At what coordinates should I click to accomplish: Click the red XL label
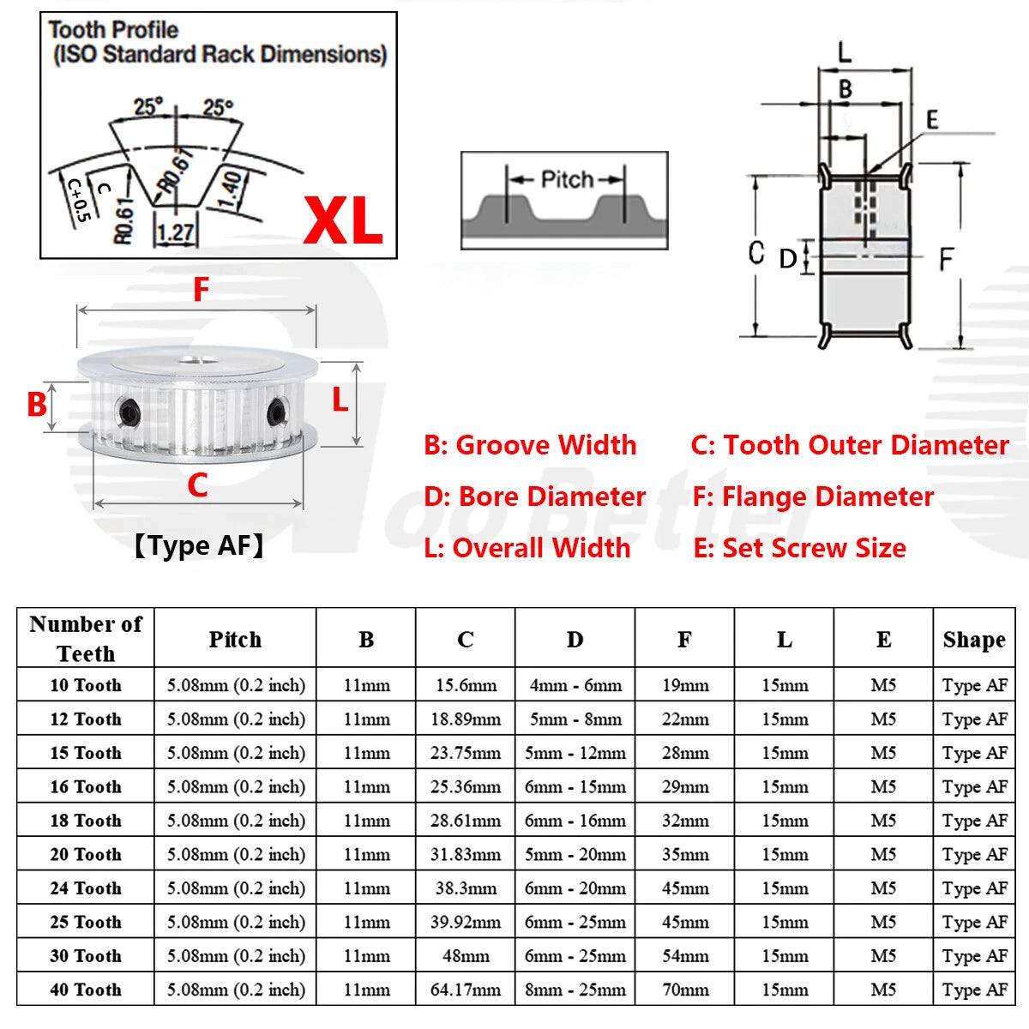click(x=343, y=220)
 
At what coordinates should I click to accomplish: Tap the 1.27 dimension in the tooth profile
click(x=176, y=233)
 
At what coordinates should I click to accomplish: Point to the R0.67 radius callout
click(x=177, y=170)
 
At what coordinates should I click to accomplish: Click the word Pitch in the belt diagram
click(x=567, y=179)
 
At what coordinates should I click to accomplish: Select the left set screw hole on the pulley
click(x=129, y=412)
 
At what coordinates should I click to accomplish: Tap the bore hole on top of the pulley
click(x=195, y=360)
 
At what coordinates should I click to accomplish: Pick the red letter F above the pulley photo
click(x=201, y=290)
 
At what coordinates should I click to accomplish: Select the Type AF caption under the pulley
click(x=199, y=545)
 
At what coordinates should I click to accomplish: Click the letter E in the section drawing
click(x=932, y=119)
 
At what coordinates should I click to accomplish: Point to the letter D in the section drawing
click(x=788, y=259)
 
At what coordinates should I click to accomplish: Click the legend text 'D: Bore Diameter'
click(x=534, y=496)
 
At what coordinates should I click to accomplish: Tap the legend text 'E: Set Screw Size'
click(x=799, y=548)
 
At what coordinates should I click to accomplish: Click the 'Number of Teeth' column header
click(x=86, y=639)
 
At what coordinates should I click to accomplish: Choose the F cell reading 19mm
click(x=685, y=685)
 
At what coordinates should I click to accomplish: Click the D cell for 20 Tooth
click(x=575, y=854)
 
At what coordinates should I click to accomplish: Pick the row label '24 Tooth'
click(x=86, y=888)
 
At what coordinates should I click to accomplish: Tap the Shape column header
click(x=974, y=639)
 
